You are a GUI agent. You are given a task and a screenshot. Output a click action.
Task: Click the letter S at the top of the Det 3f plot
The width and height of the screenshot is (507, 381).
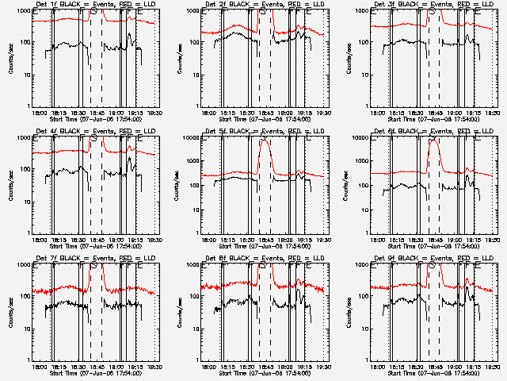click(432, 13)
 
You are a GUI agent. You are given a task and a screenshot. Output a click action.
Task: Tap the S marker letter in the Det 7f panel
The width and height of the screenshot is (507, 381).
click(93, 267)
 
